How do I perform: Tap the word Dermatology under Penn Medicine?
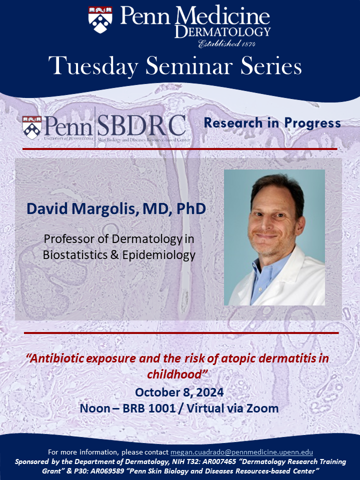click(222, 32)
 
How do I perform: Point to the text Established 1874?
click(241, 44)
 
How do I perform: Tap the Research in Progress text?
click(272, 123)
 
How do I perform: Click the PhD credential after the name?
click(189, 208)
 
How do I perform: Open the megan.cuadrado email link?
click(242, 452)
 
